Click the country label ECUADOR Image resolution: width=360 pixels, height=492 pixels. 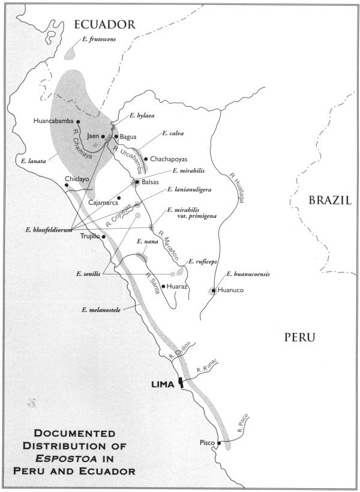coord(103,25)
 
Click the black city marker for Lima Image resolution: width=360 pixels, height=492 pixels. coord(180,383)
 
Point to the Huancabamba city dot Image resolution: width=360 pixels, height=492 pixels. coord(79,121)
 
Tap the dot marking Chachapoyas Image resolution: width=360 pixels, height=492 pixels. coord(146,159)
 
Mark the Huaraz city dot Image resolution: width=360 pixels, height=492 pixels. coord(163,287)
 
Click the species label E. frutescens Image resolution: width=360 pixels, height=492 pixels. coord(98,40)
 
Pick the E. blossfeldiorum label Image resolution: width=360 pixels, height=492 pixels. coord(49,229)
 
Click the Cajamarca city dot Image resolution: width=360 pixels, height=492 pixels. coord(119,197)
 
